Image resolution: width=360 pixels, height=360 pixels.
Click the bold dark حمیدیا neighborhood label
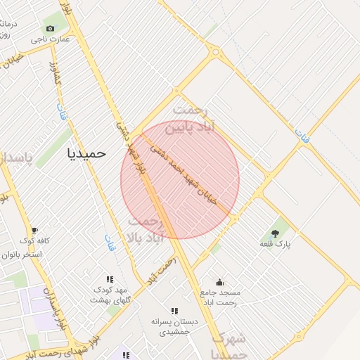coord(86,153)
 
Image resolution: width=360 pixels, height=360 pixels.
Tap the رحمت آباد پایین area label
coord(201,119)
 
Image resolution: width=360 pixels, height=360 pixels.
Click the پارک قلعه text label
coord(275,244)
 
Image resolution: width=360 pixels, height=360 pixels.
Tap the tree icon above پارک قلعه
coord(274,233)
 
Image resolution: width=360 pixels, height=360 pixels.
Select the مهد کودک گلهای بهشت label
coord(111,295)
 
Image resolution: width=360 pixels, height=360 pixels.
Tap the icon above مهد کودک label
coord(110,279)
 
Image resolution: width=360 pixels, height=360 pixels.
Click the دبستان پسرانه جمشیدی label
coord(174,326)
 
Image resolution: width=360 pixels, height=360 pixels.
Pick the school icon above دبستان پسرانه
coord(174,311)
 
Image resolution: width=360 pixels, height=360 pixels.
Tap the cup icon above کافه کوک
coord(34,231)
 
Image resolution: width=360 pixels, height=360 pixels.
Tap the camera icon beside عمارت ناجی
coord(50,28)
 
